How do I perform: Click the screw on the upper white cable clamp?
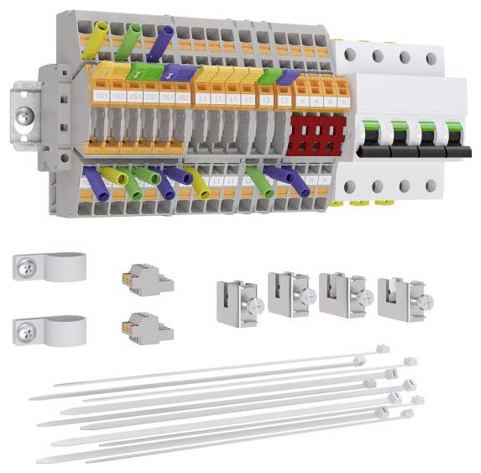coord(25,270)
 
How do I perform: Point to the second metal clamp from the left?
coord(290,294)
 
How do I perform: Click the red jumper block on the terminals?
coord(316,135)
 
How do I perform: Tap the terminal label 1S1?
coord(100,98)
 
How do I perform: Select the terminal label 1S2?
coord(117,98)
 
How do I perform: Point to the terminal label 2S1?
coord(134,98)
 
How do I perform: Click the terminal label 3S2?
coord(182,98)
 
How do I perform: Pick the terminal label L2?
coord(267,99)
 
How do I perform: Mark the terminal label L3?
coord(285,99)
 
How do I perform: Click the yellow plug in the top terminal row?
coord(93,41)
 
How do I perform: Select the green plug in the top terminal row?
coord(128,42)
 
